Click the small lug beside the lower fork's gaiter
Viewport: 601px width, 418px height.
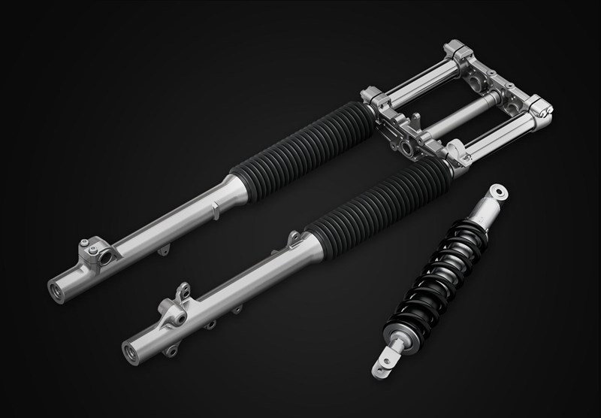[293, 239]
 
